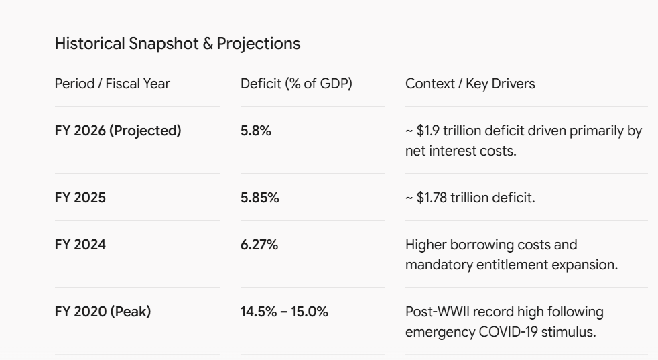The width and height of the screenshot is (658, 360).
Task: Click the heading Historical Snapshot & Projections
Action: [178, 44]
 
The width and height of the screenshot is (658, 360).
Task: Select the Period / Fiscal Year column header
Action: [113, 84]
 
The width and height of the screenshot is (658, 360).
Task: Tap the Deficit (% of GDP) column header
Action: [296, 84]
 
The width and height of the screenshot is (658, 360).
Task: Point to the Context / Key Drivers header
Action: [470, 84]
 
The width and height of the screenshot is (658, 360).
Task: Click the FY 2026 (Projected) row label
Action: [118, 131]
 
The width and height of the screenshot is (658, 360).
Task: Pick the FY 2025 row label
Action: [80, 198]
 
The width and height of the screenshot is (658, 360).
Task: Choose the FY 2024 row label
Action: [80, 245]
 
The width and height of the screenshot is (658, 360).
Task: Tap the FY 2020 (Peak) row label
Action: [103, 312]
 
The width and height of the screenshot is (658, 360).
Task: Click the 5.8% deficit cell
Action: [255, 131]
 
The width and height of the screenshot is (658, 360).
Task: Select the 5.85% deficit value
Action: [260, 198]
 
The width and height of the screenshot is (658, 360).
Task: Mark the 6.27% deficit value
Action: [259, 245]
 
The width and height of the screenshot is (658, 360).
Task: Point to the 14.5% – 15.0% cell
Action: [284, 312]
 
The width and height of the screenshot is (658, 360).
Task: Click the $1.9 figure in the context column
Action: [428, 131]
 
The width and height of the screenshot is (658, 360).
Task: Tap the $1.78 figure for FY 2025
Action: [432, 198]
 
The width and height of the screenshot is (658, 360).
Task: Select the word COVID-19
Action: [508, 332]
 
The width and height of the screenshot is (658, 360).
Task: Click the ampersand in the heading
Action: [207, 44]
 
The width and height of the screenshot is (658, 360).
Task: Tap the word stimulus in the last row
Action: [569, 332]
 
